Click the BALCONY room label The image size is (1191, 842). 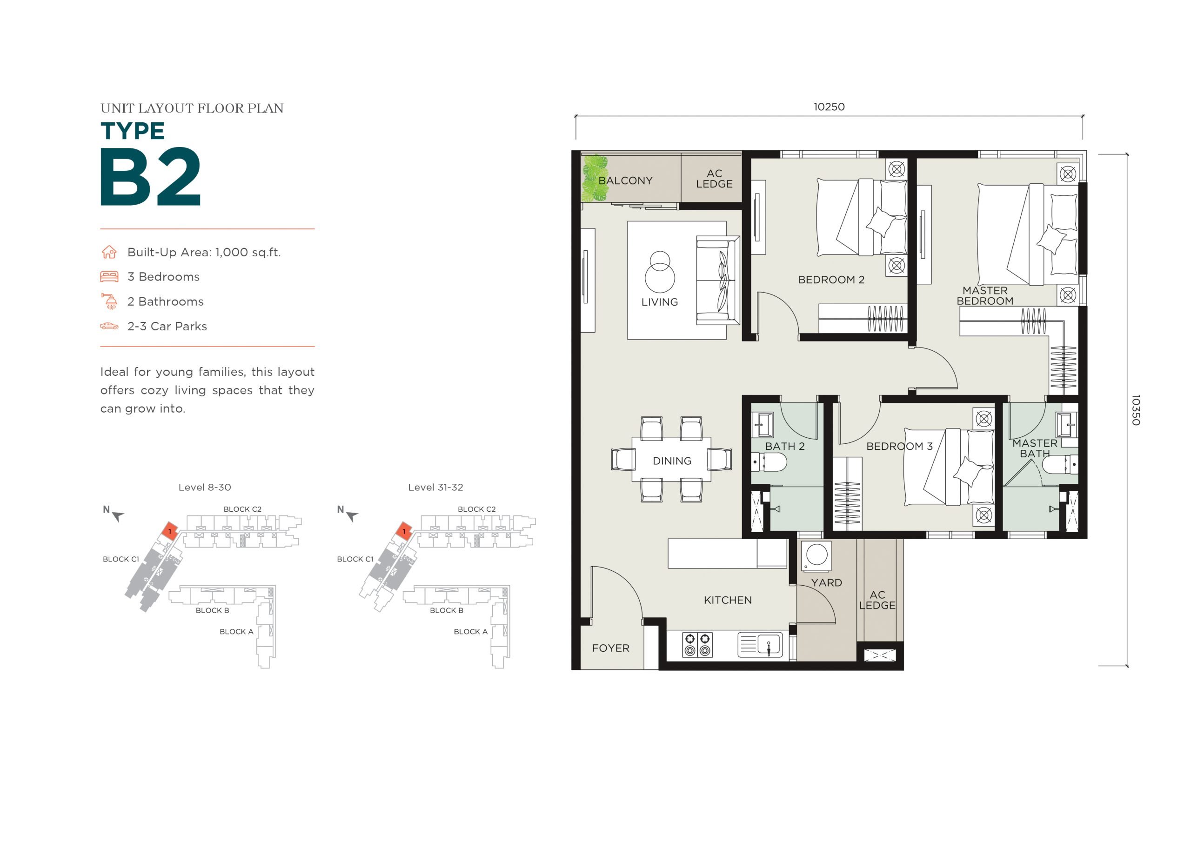coord(625,180)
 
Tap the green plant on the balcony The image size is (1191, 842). coord(595,179)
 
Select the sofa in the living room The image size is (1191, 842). coord(718,281)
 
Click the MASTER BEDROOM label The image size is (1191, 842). coord(984,296)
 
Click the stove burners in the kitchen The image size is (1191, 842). coord(697,644)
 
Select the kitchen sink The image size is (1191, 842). coord(760,645)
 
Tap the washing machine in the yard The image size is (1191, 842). coord(816,555)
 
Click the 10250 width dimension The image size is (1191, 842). coord(829,107)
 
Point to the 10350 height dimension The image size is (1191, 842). coord(1136,410)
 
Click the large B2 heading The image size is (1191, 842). coord(150,177)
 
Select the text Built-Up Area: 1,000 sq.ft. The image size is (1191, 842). coord(204,253)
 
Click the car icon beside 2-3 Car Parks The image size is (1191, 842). coord(109,326)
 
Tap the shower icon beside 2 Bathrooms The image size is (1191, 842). coord(109,301)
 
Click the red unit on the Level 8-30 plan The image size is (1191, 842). coord(171,530)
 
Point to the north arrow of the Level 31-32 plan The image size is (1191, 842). coord(352,517)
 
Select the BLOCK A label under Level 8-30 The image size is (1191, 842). coord(236,632)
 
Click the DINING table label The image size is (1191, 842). coord(672,461)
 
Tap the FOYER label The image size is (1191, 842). coord(610,648)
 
